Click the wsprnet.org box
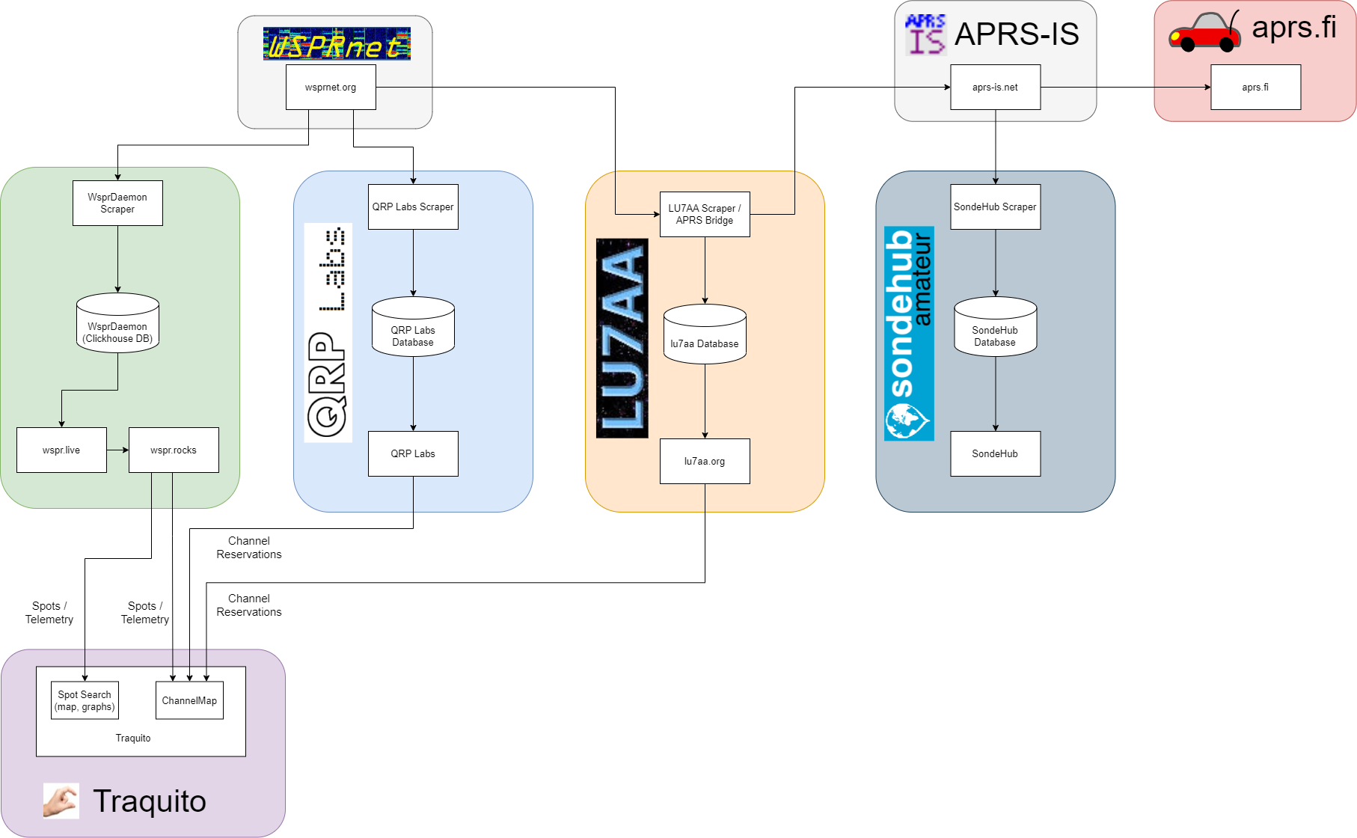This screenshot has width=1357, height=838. (331, 88)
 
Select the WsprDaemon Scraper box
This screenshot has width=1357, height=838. (117, 203)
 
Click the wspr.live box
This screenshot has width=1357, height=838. (61, 450)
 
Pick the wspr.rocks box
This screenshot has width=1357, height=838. (174, 450)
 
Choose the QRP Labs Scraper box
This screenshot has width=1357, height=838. (413, 207)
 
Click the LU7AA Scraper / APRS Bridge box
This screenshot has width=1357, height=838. (705, 214)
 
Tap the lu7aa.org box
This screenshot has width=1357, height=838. (705, 461)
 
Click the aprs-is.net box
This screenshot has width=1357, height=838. (995, 88)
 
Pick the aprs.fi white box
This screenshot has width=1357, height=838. (1255, 88)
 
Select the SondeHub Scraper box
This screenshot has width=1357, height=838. (995, 207)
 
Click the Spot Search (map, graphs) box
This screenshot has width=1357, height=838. (85, 700)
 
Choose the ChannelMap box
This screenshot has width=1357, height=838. (189, 700)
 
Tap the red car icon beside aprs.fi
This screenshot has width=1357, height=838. (1204, 33)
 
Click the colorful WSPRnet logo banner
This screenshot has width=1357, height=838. (337, 44)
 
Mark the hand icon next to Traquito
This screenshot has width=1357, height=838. (61, 801)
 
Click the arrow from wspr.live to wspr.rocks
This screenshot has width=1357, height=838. (117, 450)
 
